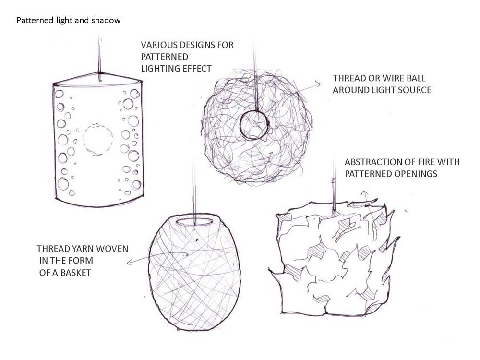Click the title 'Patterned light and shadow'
pyautogui.click(x=69, y=21)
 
